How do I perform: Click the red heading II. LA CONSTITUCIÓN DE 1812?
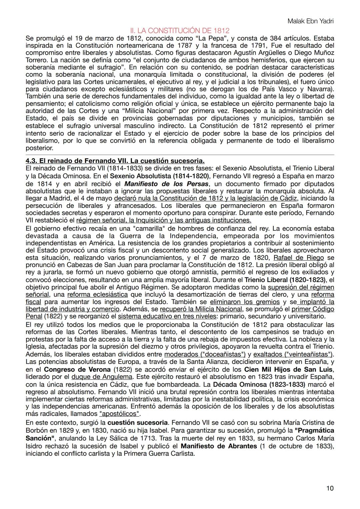click(x=180, y=31)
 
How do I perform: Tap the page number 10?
click(x=330, y=488)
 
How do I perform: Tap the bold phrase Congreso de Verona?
click(x=77, y=369)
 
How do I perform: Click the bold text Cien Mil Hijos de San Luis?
click(x=289, y=369)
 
